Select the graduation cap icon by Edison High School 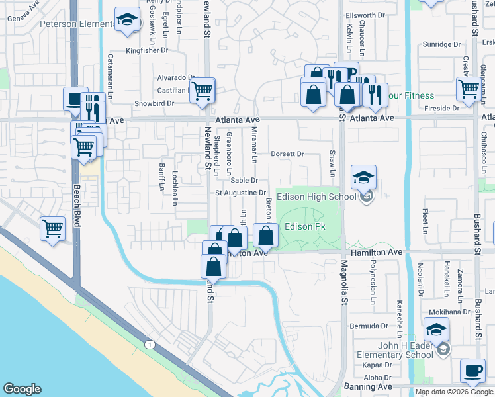coord(363,178)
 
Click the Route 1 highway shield coord(150,344)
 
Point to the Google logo coord(22,389)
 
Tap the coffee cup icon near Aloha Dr coord(472,372)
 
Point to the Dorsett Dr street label coord(287,154)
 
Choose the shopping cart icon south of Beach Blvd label coord(53,229)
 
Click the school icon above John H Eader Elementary coord(437,330)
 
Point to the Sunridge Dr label coord(441,45)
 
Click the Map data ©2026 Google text coord(454,392)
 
